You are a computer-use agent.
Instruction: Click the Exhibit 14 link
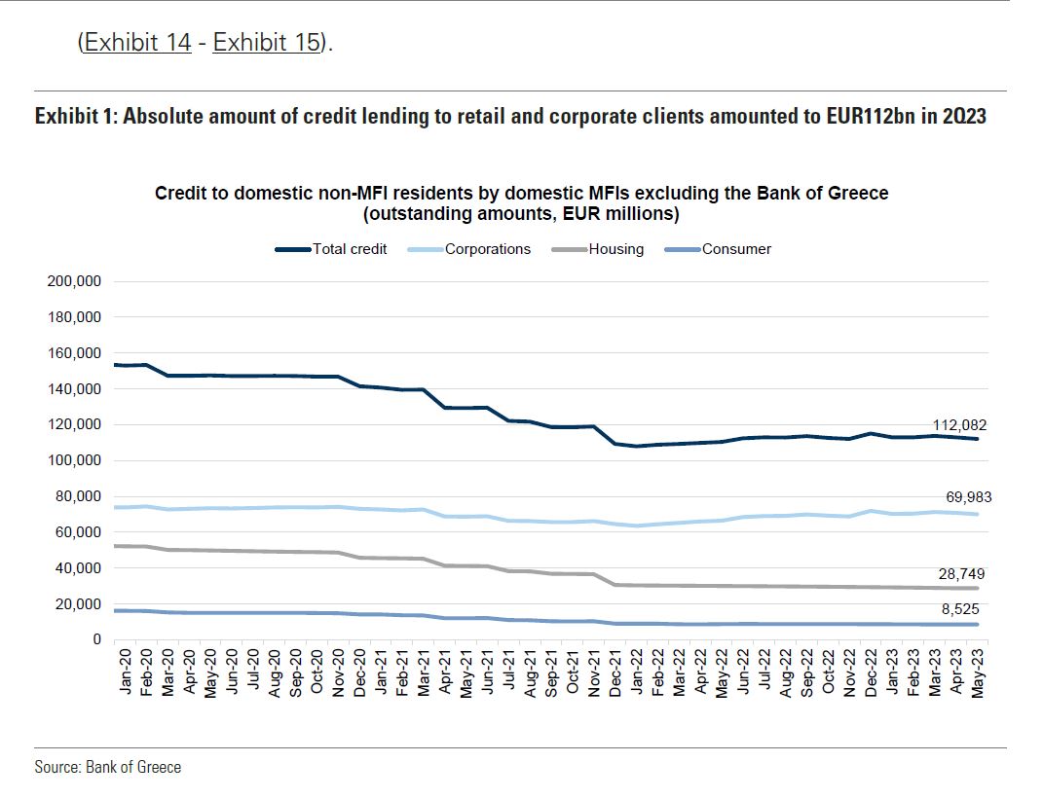click(137, 43)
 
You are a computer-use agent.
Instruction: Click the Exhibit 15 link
click(267, 43)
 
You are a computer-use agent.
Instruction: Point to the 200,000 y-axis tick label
click(74, 282)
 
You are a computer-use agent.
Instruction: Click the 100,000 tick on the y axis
click(74, 460)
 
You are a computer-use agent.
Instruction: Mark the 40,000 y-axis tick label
click(78, 567)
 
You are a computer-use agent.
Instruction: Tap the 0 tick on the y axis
click(96, 639)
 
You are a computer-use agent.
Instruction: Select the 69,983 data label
click(968, 497)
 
